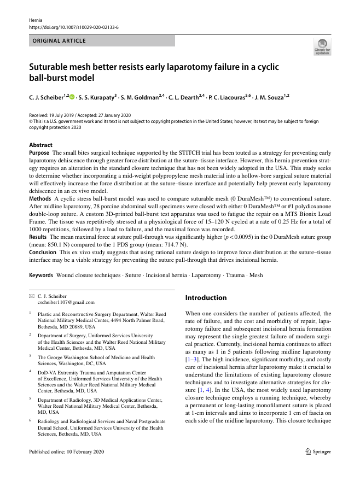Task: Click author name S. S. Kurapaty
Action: point(97,97)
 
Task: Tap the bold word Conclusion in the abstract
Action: point(43,253)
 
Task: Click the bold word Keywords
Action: point(42,275)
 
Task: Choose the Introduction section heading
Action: point(206,298)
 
